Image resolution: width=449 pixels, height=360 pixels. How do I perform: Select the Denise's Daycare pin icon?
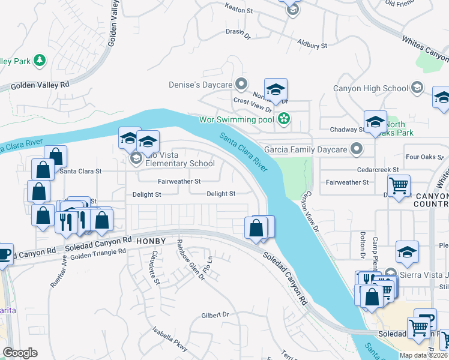pyautogui.click(x=241, y=83)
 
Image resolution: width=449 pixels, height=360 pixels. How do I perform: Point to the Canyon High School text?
pyautogui.click(x=370, y=88)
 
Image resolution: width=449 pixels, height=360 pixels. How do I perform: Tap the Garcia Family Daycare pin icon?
pyautogui.click(x=357, y=148)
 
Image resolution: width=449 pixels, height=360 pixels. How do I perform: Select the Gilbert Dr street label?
pyautogui.click(x=215, y=314)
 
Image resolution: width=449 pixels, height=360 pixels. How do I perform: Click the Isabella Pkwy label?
pyautogui.click(x=170, y=340)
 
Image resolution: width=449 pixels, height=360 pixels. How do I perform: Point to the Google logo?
pyautogui.click(x=20, y=353)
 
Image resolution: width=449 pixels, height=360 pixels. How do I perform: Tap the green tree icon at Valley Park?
pyautogui.click(x=40, y=60)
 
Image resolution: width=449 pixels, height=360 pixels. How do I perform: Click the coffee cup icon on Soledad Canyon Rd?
pyautogui.click(x=4, y=254)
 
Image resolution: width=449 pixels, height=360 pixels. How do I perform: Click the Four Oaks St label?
pyautogui.click(x=424, y=158)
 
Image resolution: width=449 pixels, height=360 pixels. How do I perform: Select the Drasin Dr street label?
pyautogui.click(x=238, y=35)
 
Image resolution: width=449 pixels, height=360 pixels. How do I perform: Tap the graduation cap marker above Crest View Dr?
pyautogui.click(x=276, y=89)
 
